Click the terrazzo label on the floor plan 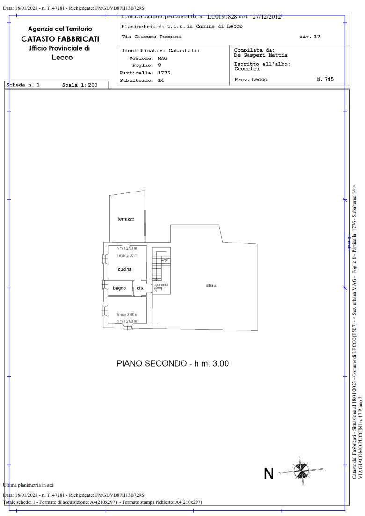(x=126, y=219)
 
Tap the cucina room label (x=124, y=269)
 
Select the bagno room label (x=119, y=288)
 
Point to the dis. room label (x=140, y=288)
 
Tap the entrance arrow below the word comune (x=158, y=289)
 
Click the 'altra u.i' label (x=212, y=285)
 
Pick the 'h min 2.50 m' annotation (x=127, y=248)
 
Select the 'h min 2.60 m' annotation (x=127, y=321)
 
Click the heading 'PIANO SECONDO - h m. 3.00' (x=173, y=363)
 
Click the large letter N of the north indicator (x=269, y=474)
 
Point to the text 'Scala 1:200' (x=80, y=85)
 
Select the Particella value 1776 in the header (x=164, y=73)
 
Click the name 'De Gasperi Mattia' (x=261, y=55)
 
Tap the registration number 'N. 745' (x=325, y=80)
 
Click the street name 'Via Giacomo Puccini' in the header (x=151, y=37)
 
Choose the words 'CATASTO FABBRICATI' (x=60, y=39)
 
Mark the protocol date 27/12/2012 (x=267, y=17)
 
